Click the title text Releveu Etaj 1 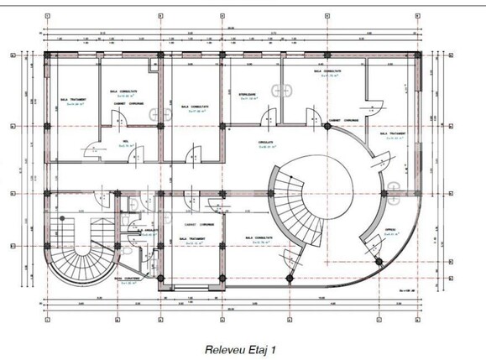243,344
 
